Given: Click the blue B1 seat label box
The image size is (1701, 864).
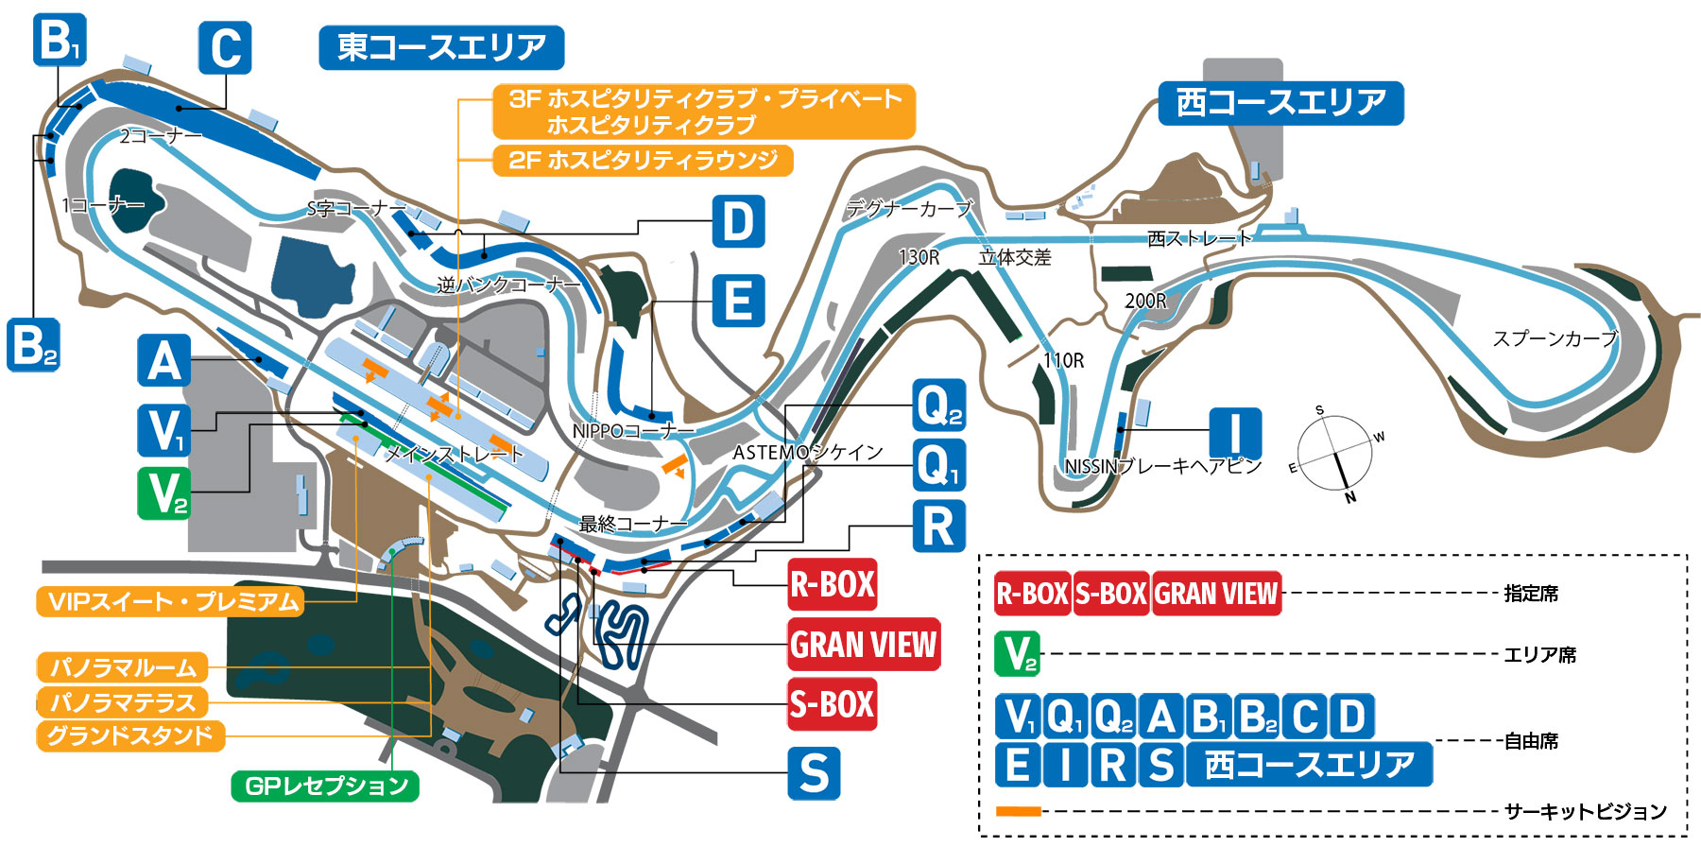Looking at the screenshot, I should pyautogui.click(x=60, y=40).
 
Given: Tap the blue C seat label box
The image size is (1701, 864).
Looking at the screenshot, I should pyautogui.click(x=225, y=47).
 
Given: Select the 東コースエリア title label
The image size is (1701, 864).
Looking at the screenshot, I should pyautogui.click(x=441, y=47).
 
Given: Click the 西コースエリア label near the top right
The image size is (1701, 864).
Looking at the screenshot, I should pyautogui.click(x=1280, y=102).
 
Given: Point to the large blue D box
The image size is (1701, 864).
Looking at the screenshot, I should pyautogui.click(x=738, y=222).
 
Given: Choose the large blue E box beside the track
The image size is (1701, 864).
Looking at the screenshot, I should pyautogui.click(x=738, y=301).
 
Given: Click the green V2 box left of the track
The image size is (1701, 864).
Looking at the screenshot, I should pyautogui.click(x=163, y=493).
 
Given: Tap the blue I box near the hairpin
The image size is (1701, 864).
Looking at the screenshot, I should pyautogui.click(x=1235, y=434).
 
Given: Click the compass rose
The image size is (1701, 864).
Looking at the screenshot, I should pyautogui.click(x=1333, y=454).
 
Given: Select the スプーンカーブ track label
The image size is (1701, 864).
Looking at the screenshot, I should pyautogui.click(x=1555, y=338).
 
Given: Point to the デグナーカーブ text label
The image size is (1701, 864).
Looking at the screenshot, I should pyautogui.click(x=908, y=209).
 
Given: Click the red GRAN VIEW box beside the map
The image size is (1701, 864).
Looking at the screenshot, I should pyautogui.click(x=864, y=645).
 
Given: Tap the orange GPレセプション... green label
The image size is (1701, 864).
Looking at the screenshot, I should pyautogui.click(x=325, y=786).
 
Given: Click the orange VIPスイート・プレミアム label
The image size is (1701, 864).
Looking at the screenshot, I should pyautogui.click(x=171, y=602).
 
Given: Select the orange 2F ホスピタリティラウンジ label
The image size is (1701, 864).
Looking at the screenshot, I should pyautogui.click(x=643, y=160).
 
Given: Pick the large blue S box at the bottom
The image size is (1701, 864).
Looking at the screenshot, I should pyautogui.click(x=814, y=773).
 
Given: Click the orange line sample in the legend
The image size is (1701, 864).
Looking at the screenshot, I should pyautogui.click(x=1018, y=811).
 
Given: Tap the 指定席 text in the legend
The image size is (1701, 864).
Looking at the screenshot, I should pyautogui.click(x=1531, y=594).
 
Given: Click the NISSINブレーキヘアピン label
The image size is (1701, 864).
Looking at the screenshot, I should pyautogui.click(x=1162, y=466).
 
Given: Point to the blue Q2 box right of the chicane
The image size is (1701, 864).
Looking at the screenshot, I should pyautogui.click(x=938, y=406).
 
